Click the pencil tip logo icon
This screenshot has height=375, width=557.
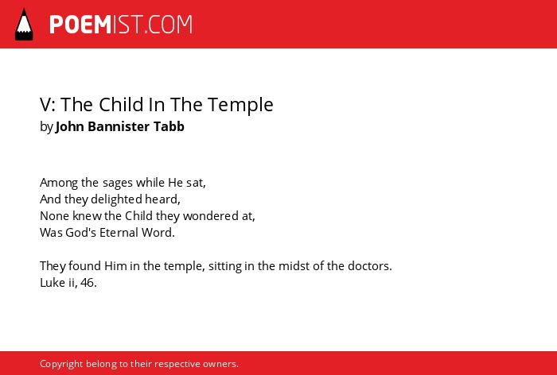pyautogui.click(x=24, y=24)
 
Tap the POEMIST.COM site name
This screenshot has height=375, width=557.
pyautogui.click(x=121, y=25)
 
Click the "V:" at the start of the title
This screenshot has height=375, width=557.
pyautogui.click(x=48, y=105)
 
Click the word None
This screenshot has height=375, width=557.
pyautogui.click(x=55, y=216)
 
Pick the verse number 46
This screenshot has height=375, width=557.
pyautogui.click(x=88, y=283)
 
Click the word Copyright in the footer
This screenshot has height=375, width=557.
pyautogui.click(x=61, y=365)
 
